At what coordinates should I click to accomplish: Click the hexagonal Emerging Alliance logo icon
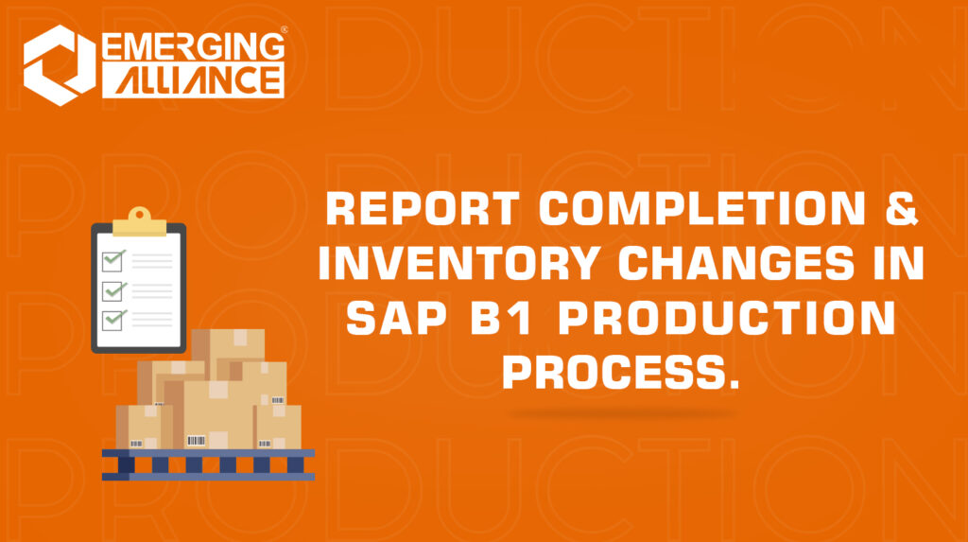click(x=59, y=62)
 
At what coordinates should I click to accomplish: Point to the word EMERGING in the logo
click(x=191, y=46)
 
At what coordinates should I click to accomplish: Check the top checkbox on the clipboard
click(x=114, y=257)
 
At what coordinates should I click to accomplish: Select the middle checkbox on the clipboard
click(x=114, y=288)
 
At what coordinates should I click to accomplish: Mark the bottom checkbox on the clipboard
click(x=114, y=320)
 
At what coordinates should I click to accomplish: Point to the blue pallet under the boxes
click(x=208, y=463)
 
